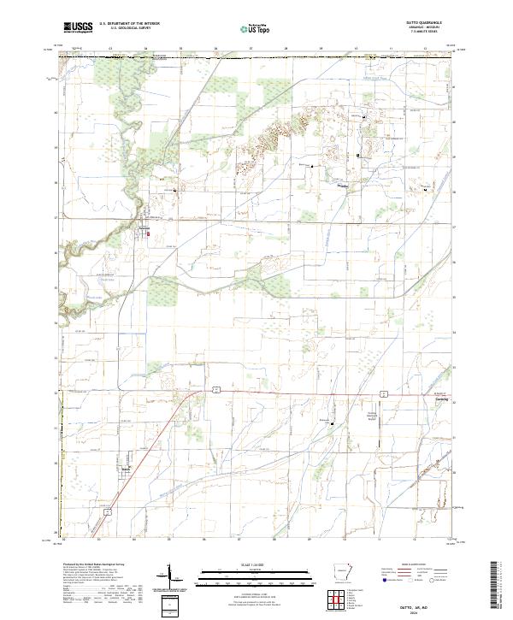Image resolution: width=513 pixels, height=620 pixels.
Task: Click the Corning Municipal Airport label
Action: pyautogui.click(x=372, y=413)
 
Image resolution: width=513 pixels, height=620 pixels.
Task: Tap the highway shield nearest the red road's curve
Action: pyautogui.click(x=216, y=388)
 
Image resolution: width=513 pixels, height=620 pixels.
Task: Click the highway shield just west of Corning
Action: pyautogui.click(x=386, y=395)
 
